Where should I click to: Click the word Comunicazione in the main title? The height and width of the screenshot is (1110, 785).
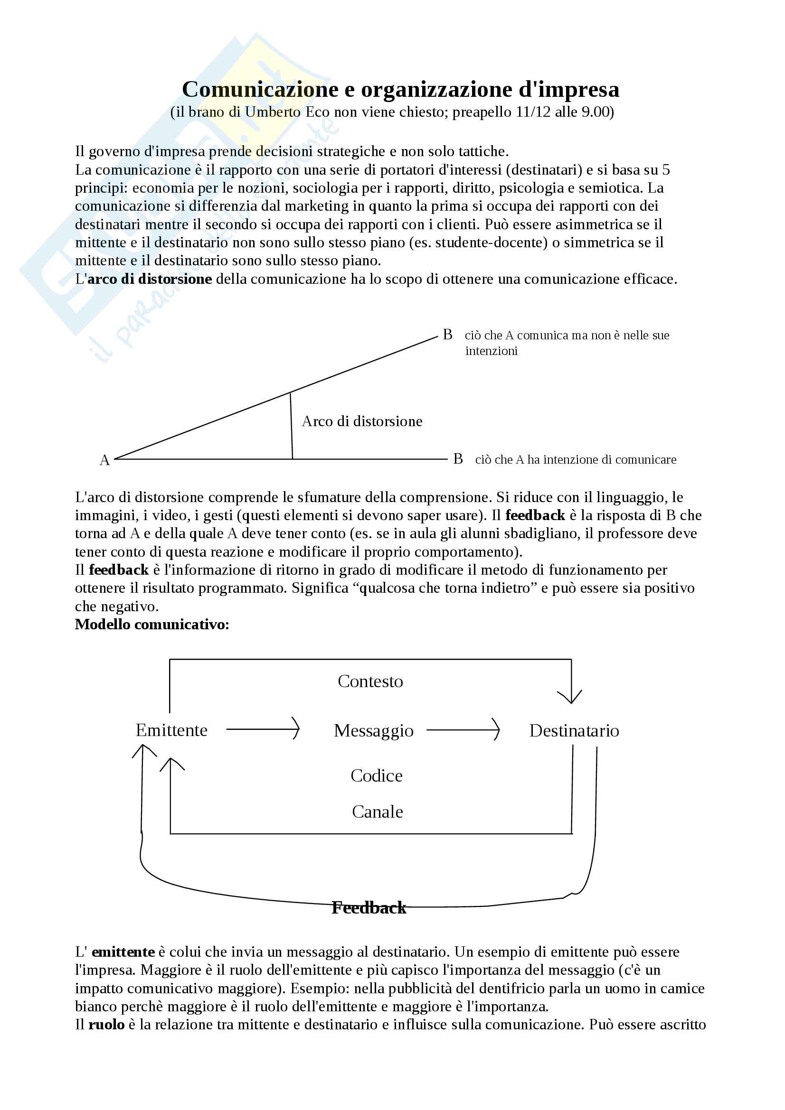click(x=260, y=89)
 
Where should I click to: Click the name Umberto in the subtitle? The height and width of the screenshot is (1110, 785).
click(x=273, y=112)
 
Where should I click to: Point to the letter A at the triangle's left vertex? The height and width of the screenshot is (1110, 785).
click(x=104, y=460)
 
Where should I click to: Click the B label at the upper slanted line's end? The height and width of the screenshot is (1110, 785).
click(x=447, y=335)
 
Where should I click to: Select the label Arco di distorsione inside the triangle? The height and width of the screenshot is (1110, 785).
click(x=362, y=421)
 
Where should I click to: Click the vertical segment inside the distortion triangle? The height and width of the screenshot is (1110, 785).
click(x=291, y=425)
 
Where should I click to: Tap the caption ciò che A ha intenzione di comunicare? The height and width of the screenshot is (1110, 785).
click(x=576, y=460)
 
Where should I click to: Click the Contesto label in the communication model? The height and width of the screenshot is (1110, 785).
click(x=370, y=681)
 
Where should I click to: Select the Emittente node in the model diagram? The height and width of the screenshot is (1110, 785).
click(x=171, y=730)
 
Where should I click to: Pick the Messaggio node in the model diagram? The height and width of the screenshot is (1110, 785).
click(x=373, y=730)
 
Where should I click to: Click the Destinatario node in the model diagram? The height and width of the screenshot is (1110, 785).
click(x=574, y=730)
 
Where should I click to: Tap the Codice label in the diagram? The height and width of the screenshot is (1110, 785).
click(x=376, y=776)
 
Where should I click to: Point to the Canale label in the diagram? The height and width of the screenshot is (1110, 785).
click(x=377, y=812)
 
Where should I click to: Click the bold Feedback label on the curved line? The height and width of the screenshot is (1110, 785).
click(x=369, y=908)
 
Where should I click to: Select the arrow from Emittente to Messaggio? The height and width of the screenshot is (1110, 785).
click(x=263, y=728)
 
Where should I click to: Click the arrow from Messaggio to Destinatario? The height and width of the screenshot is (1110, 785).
click(x=463, y=729)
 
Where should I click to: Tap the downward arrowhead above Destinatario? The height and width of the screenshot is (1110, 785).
click(x=571, y=696)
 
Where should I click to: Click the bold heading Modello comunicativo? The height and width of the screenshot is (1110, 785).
click(x=152, y=625)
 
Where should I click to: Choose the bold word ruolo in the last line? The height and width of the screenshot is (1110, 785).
click(x=106, y=1025)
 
